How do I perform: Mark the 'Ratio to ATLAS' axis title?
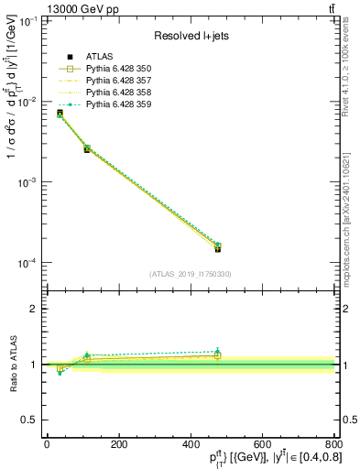[x=13, y=364]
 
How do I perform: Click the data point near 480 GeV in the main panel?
[x=218, y=247]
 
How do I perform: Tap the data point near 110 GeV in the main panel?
[x=87, y=148]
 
